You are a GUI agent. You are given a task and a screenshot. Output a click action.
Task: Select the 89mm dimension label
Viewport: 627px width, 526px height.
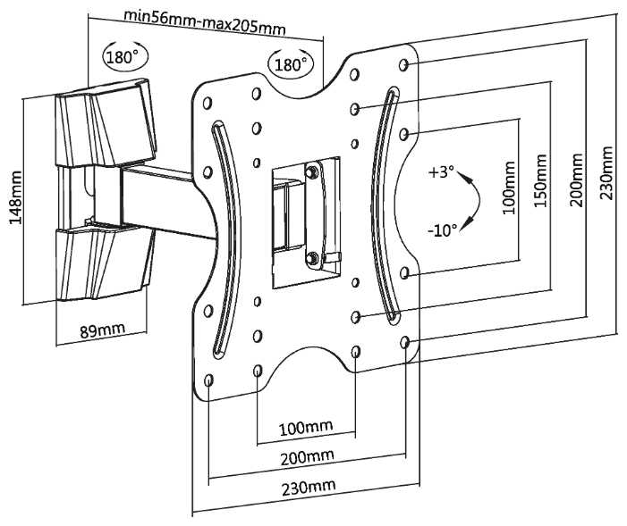coord(102,330)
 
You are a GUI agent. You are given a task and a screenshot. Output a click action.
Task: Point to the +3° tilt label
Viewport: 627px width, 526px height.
coord(442,172)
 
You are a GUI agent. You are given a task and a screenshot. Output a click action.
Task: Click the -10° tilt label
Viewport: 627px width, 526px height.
coord(442,230)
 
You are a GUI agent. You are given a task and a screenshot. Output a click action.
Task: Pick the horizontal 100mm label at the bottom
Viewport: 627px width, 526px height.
coord(305,428)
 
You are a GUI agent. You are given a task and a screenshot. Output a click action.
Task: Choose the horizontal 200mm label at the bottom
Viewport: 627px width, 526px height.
coord(308,457)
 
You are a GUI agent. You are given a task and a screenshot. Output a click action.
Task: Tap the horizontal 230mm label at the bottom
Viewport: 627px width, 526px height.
coord(308,488)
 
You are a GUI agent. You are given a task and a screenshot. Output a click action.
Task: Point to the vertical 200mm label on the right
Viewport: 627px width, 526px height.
coord(577,180)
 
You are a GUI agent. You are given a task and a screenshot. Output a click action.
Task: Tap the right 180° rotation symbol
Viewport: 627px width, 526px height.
coord(289,64)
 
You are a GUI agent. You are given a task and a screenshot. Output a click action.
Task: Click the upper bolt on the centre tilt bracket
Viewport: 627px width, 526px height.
coord(312,171)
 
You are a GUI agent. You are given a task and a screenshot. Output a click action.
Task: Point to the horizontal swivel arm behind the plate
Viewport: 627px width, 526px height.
coord(170,200)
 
